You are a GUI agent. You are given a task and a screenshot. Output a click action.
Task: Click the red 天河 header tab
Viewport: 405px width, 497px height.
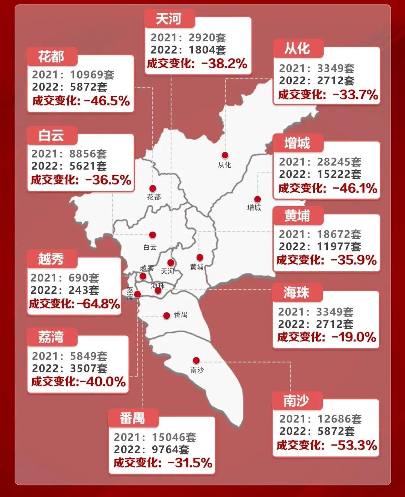coord(169,19)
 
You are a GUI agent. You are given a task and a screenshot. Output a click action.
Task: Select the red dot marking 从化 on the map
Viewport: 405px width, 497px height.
coord(225,155)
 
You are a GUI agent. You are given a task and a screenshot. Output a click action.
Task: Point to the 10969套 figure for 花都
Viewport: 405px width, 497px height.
coord(92,74)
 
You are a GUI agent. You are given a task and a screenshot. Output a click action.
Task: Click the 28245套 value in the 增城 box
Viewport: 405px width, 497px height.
coord(339,162)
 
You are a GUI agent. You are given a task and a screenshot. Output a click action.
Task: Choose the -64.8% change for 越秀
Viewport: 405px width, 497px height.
coord(99,304)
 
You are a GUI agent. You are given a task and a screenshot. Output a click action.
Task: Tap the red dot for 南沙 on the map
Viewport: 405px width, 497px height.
coord(196,360)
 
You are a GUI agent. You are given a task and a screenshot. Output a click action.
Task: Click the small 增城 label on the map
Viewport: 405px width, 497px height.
coord(254,208)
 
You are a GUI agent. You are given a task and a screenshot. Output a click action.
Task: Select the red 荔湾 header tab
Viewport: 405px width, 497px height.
coord(51,337)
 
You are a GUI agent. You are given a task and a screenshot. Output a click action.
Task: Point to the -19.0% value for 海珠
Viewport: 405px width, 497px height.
coord(354,337)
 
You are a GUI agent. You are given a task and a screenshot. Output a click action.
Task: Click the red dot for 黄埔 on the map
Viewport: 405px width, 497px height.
coord(200,257)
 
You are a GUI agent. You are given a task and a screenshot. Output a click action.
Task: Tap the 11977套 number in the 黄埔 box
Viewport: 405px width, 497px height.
coord(339,247)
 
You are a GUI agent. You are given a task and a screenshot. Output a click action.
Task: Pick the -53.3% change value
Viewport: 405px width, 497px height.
coord(354,445)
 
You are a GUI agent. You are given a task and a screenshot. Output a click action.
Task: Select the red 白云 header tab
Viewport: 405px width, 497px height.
coord(51,135)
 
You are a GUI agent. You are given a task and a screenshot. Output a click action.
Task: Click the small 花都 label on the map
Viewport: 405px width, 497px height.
coord(154,197)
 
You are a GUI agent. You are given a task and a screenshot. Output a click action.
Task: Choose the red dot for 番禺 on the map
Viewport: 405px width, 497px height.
coord(166,315)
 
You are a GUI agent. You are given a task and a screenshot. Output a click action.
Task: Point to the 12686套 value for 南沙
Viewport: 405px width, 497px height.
coord(339,419)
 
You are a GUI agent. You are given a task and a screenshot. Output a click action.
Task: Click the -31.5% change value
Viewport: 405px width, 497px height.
coord(190,463)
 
